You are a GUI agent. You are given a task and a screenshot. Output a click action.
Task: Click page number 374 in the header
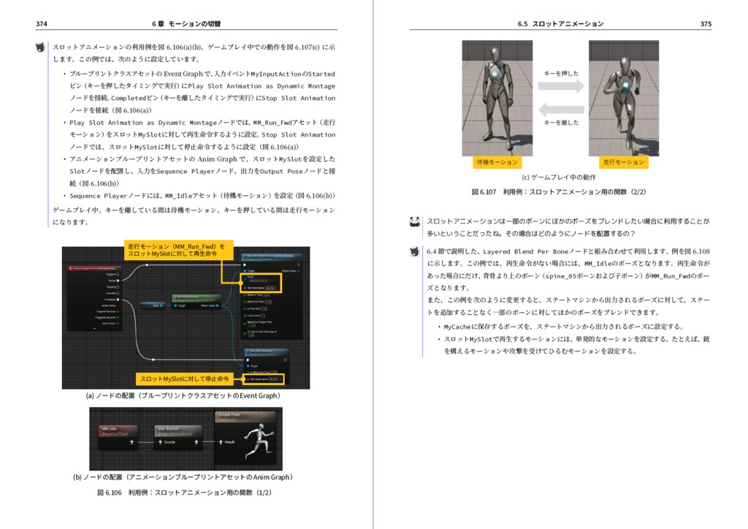pyautogui.click(x=42, y=24)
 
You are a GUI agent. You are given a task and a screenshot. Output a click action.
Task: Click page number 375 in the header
pyautogui.click(x=705, y=24)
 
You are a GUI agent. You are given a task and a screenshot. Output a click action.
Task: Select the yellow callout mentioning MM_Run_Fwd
pyautogui.click(x=178, y=250)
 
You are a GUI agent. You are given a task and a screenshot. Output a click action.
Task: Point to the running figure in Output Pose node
pyautogui.click(x=257, y=442)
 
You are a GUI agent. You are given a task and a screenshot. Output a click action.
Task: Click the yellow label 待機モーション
pyautogui.click(x=497, y=162)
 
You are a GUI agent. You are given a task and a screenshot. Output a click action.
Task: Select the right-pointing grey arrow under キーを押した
pyautogui.click(x=561, y=86)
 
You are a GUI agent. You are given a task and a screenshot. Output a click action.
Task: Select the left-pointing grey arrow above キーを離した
pyautogui.click(x=561, y=110)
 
